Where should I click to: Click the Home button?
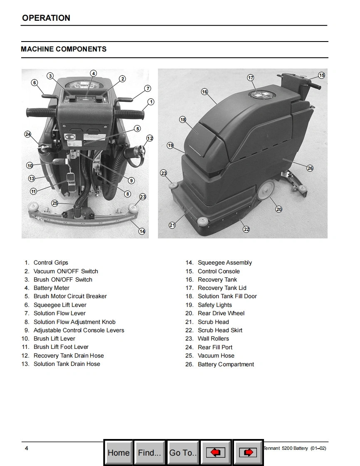[118, 452]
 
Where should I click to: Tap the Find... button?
[149, 452]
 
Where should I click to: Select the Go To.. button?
[183, 452]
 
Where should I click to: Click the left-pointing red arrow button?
[216, 452]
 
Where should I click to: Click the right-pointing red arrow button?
[248, 452]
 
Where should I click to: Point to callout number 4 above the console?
[94, 74]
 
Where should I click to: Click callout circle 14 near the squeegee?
[142, 231]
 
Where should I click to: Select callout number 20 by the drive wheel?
[279, 209]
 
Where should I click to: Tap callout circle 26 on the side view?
[310, 168]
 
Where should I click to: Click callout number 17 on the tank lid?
[251, 78]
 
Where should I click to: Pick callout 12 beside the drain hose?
[150, 138]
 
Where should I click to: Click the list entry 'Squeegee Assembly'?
[224, 262]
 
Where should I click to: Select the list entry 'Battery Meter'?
[51, 288]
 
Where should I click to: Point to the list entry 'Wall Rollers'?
[213, 338]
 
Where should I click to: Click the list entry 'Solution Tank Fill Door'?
[227, 296]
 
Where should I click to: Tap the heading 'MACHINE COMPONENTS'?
[64, 49]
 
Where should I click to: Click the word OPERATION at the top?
[46, 18]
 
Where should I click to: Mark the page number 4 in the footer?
[27, 448]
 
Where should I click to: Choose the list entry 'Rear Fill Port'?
[215, 347]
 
